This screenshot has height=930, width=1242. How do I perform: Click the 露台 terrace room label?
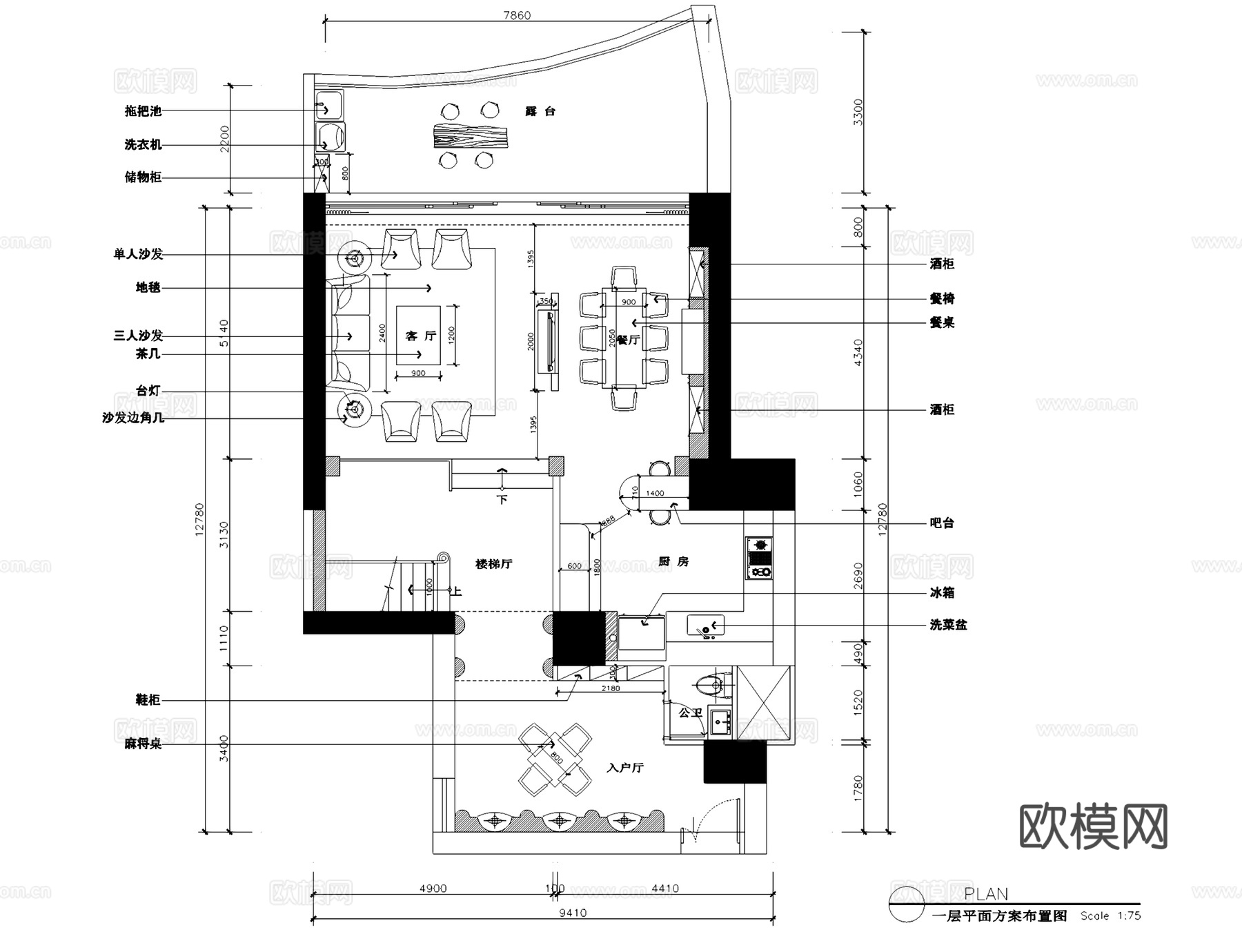540,111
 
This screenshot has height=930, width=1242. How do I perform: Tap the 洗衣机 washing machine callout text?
143,145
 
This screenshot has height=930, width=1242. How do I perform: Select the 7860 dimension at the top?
517,15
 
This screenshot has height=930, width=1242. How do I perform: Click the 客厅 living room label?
421,336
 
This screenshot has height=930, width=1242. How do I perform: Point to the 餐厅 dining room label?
628,340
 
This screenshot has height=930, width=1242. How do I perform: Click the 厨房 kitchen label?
673,562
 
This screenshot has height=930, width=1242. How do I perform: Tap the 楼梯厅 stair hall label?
494,564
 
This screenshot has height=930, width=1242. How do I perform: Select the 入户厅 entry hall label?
625,768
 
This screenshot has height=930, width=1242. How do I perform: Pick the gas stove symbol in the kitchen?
759,558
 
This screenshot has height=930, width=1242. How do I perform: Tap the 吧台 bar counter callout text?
942,523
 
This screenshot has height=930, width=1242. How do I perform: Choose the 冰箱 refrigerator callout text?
942,593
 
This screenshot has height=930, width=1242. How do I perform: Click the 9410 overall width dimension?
573,913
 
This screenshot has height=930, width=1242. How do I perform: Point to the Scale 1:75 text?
1110,916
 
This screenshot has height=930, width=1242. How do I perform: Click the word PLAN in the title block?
986,894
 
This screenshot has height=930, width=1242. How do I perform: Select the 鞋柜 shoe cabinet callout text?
148,700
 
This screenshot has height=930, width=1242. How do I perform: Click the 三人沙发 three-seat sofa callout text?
138,336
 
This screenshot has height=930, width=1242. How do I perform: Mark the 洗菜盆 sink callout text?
948,625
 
